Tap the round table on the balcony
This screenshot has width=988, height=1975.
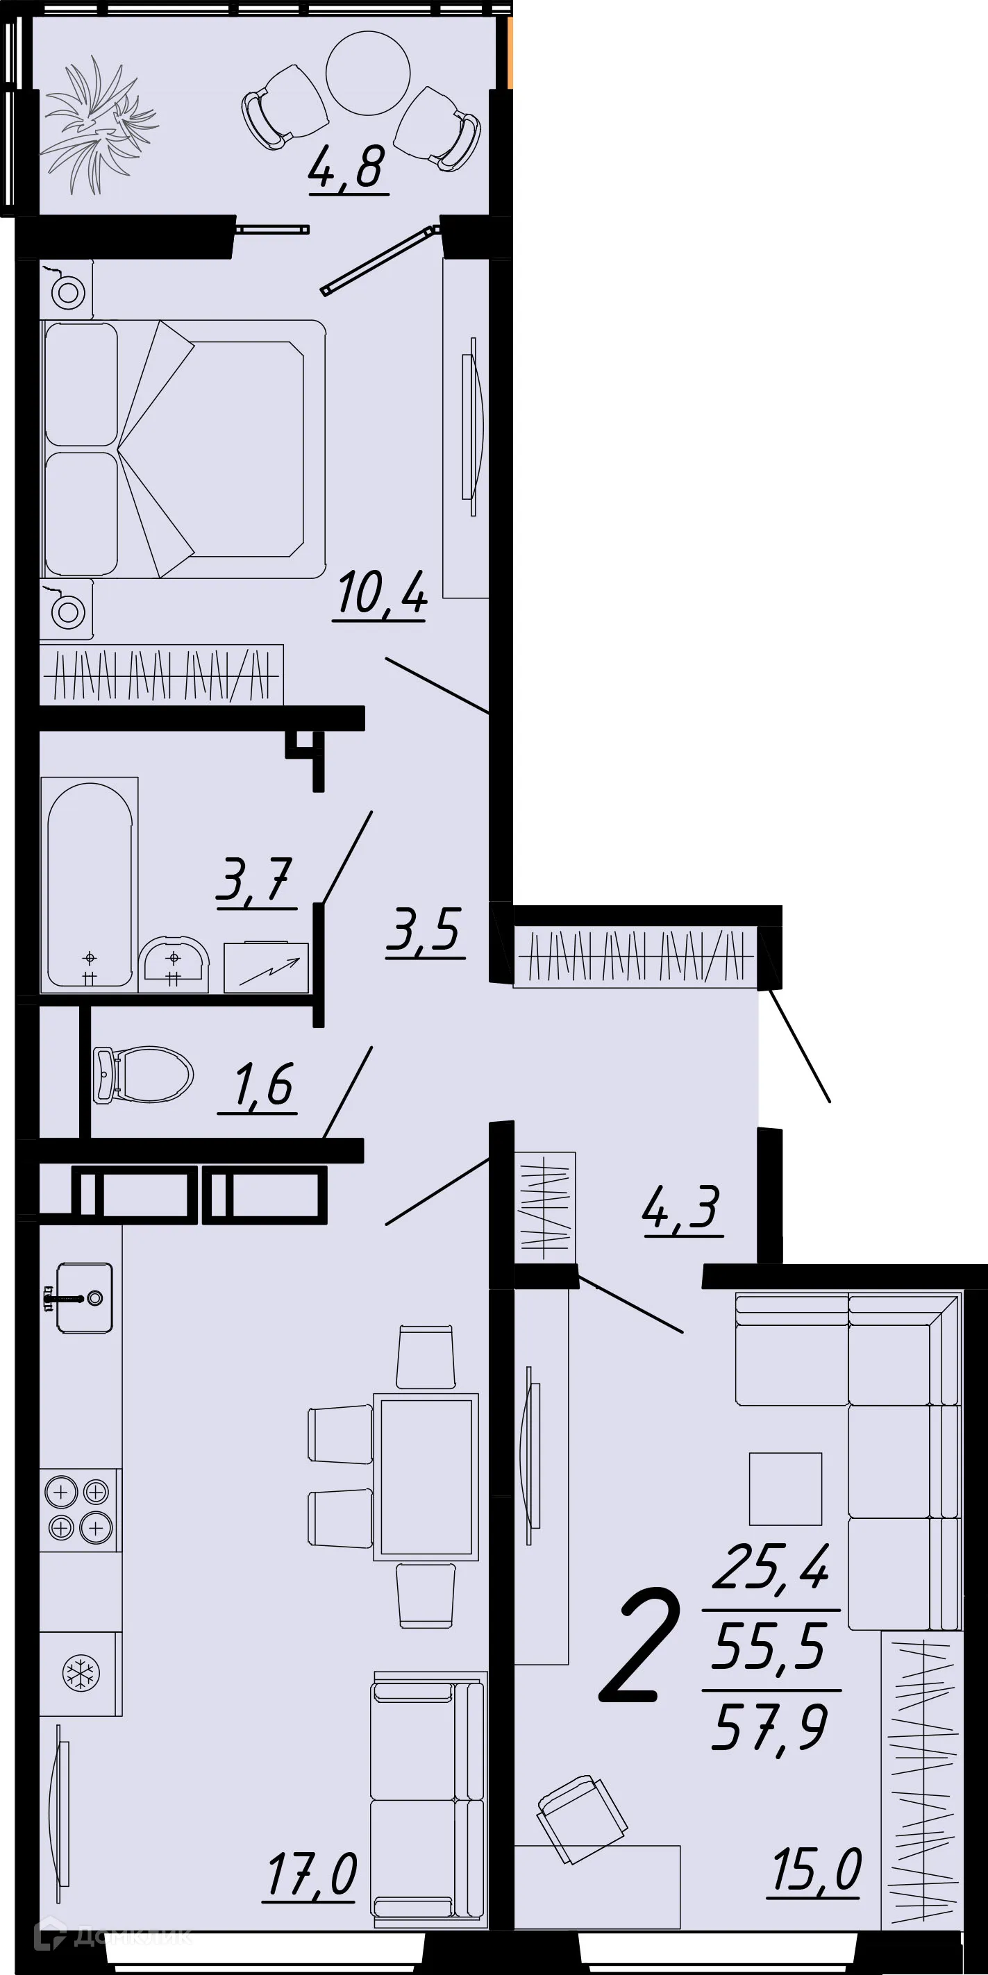pos(367,73)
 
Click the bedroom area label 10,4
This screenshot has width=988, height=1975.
pos(380,594)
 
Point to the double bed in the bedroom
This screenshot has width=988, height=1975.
pos(184,448)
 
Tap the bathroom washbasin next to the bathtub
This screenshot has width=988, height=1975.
pos(174,962)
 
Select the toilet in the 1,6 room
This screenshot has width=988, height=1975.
pos(144,1074)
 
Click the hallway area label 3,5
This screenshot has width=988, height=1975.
pos(425,930)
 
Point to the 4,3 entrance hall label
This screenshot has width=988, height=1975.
pos(682,1207)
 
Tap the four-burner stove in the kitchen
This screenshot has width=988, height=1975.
pos(79,1510)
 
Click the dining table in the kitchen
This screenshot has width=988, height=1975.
pos(426,1476)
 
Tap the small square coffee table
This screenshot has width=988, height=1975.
pos(785,1489)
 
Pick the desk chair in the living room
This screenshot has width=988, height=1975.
pos(580,1817)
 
